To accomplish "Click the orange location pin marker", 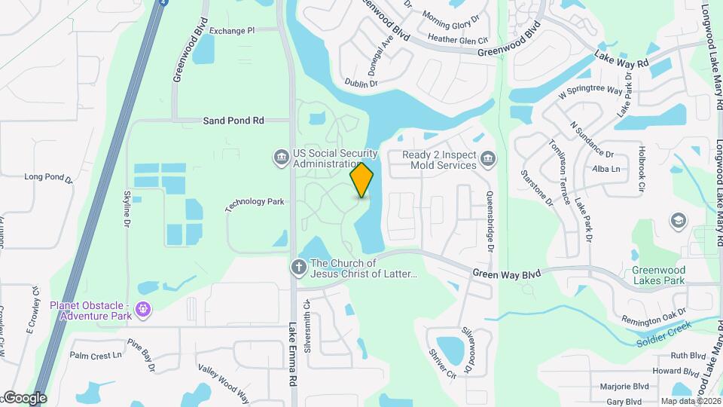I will [x=361, y=179].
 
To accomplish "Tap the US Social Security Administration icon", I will [x=281, y=158].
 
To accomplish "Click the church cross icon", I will [x=299, y=267].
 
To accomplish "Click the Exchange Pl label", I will [x=232, y=31].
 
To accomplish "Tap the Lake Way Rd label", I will [x=621, y=59].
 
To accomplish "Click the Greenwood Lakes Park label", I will [x=658, y=275].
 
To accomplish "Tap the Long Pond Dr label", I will [x=47, y=178].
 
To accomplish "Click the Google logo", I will [x=24, y=397].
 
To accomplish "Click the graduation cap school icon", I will [x=678, y=220].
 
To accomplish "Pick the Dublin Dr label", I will [x=361, y=84].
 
